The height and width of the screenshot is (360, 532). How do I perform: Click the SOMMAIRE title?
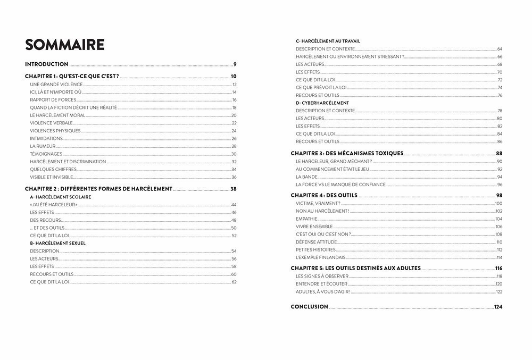[65, 45]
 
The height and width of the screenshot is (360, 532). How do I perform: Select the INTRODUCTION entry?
[47, 64]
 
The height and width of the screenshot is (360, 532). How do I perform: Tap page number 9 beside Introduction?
[235, 64]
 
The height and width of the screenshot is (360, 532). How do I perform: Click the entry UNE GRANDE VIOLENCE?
[56, 85]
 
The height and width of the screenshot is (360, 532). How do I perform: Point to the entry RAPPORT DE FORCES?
[53, 100]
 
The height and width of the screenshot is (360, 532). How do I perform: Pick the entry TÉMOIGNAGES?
[47, 154]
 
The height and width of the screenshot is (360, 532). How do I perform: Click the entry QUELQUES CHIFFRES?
[53, 169]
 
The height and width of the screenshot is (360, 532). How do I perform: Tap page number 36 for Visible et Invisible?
[234, 177]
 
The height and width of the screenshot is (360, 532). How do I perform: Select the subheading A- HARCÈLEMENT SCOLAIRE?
[61, 197]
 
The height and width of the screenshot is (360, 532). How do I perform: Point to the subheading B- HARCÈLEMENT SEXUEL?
[58, 243]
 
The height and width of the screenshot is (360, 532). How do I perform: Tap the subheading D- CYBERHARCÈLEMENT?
[322, 103]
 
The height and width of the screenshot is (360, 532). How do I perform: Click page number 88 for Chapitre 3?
[499, 153]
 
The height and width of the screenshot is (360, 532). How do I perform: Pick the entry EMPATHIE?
[306, 219]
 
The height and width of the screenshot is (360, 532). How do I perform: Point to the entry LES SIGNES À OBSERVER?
[320, 276]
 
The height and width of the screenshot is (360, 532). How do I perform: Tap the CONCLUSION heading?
[309, 307]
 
